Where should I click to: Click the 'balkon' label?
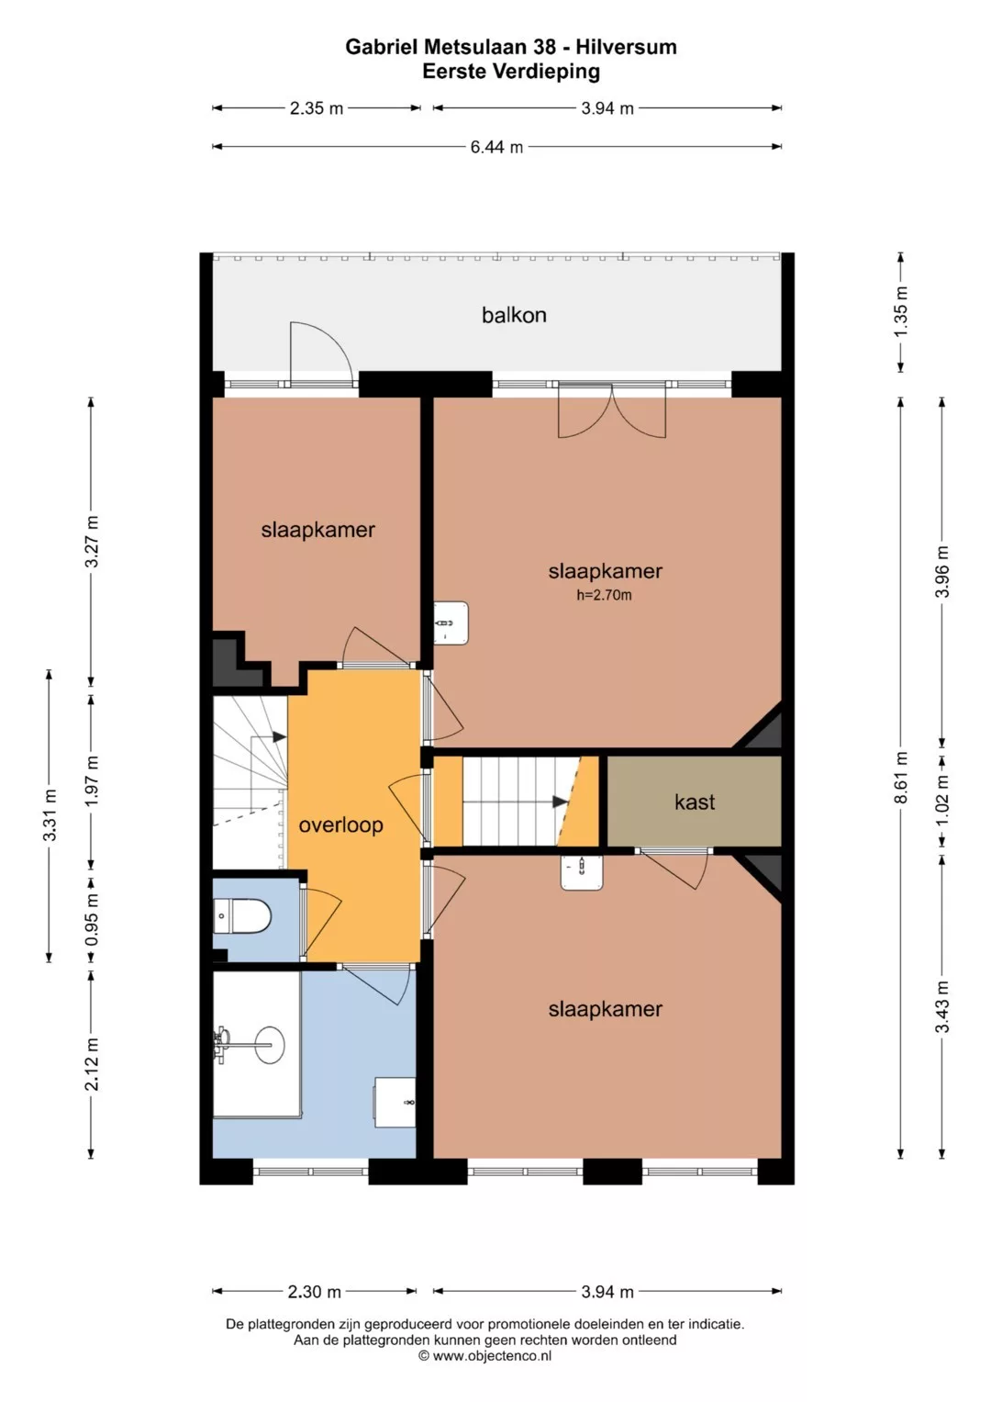[x=514, y=315]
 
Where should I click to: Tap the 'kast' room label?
[x=695, y=802]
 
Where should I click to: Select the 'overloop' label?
[x=340, y=824]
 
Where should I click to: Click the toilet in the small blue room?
[x=242, y=916]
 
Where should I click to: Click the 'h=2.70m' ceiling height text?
[x=604, y=595]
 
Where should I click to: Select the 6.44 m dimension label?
[x=496, y=147]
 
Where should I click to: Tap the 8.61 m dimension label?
[x=901, y=777]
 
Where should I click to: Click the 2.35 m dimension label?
[x=317, y=108]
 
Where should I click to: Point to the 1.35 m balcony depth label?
[x=901, y=311]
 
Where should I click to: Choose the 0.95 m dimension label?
[x=92, y=920]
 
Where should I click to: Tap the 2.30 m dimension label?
[x=314, y=1291]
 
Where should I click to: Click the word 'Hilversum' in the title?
[x=626, y=47]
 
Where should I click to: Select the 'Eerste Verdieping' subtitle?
[x=511, y=72]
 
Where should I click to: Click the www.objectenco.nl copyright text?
[x=484, y=1356]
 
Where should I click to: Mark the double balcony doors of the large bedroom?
[x=612, y=413]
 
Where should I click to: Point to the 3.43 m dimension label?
[x=942, y=1007]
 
